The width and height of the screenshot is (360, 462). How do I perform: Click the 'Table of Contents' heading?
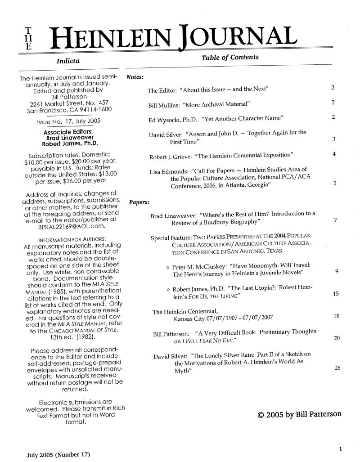point(230,57)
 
